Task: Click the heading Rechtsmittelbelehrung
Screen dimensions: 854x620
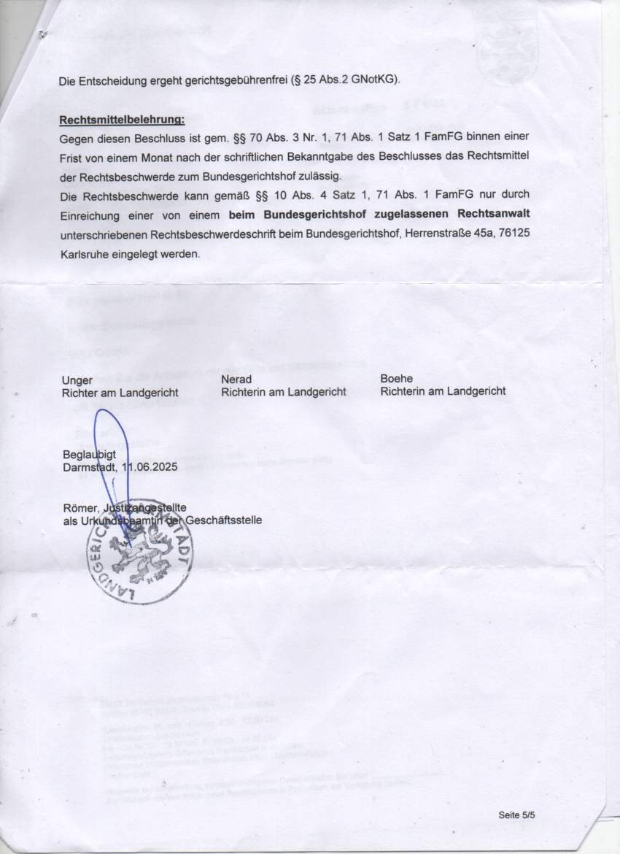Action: (x=122, y=119)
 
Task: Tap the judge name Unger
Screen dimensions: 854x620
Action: (x=77, y=380)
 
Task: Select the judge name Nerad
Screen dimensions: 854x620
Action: (x=236, y=380)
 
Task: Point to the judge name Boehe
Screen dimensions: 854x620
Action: (x=396, y=379)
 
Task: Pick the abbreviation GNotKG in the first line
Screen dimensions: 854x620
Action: (x=373, y=80)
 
